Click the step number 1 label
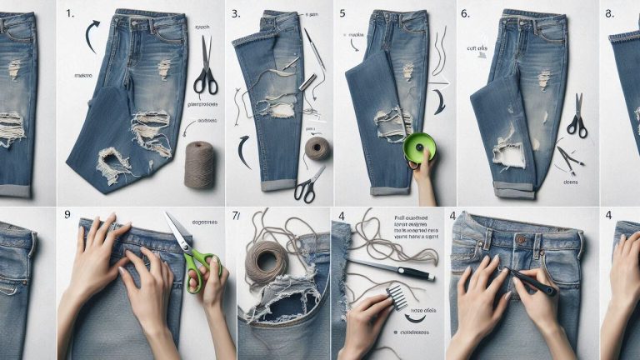pos(71,14)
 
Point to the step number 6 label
pos(464,14)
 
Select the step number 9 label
pos(66,215)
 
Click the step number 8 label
pos(608,14)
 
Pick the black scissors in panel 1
pos(205,67)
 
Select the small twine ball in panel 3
pos(317,148)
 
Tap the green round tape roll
pos(420,147)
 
